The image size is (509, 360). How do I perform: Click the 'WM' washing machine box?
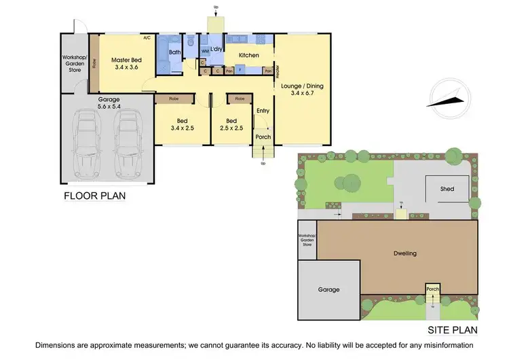click(204, 52)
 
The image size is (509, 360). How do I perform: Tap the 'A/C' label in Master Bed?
click(147, 37)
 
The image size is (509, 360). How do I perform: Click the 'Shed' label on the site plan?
click(447, 189)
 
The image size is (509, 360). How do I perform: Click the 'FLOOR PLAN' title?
click(94, 196)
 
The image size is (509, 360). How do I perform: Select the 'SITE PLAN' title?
click(453, 331)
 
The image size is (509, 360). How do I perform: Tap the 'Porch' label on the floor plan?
click(263, 137)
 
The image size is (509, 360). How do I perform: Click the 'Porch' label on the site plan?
click(433, 289)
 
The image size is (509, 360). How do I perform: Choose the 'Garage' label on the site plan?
click(329, 289)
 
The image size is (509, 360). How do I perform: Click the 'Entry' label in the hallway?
click(263, 111)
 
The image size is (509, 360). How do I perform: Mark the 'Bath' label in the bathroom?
click(174, 52)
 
